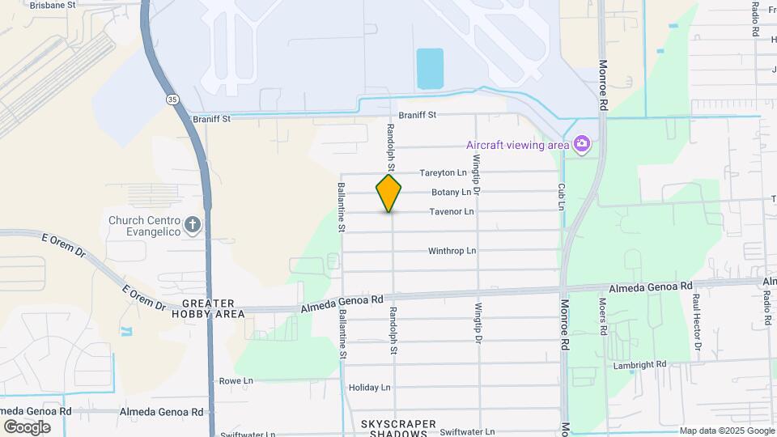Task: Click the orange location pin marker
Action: [x=388, y=193]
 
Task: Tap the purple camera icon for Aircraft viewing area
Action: [x=581, y=144]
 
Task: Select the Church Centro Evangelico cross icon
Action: [x=193, y=224]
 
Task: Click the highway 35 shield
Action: [x=172, y=99]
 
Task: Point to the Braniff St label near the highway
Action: [x=212, y=119]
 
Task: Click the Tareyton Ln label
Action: [x=443, y=173]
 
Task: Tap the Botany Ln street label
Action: [x=451, y=193]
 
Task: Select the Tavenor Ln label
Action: [x=451, y=212]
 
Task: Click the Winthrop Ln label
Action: [x=452, y=251]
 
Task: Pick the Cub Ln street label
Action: [x=561, y=196]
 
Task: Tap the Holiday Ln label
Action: [x=369, y=388]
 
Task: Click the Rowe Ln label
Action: [x=236, y=380]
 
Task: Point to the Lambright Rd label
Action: [x=639, y=365]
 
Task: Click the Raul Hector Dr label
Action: [x=696, y=321]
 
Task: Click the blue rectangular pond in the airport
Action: [x=430, y=69]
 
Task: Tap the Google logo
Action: [x=27, y=426]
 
